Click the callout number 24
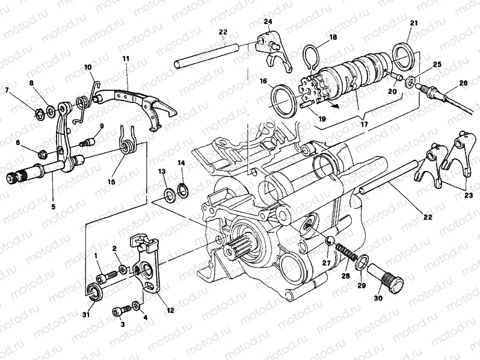[268, 22]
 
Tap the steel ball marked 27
[330, 241]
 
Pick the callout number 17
[364, 125]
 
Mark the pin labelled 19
[307, 105]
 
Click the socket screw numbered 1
[106, 277]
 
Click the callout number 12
[170, 310]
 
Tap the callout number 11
[126, 58]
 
